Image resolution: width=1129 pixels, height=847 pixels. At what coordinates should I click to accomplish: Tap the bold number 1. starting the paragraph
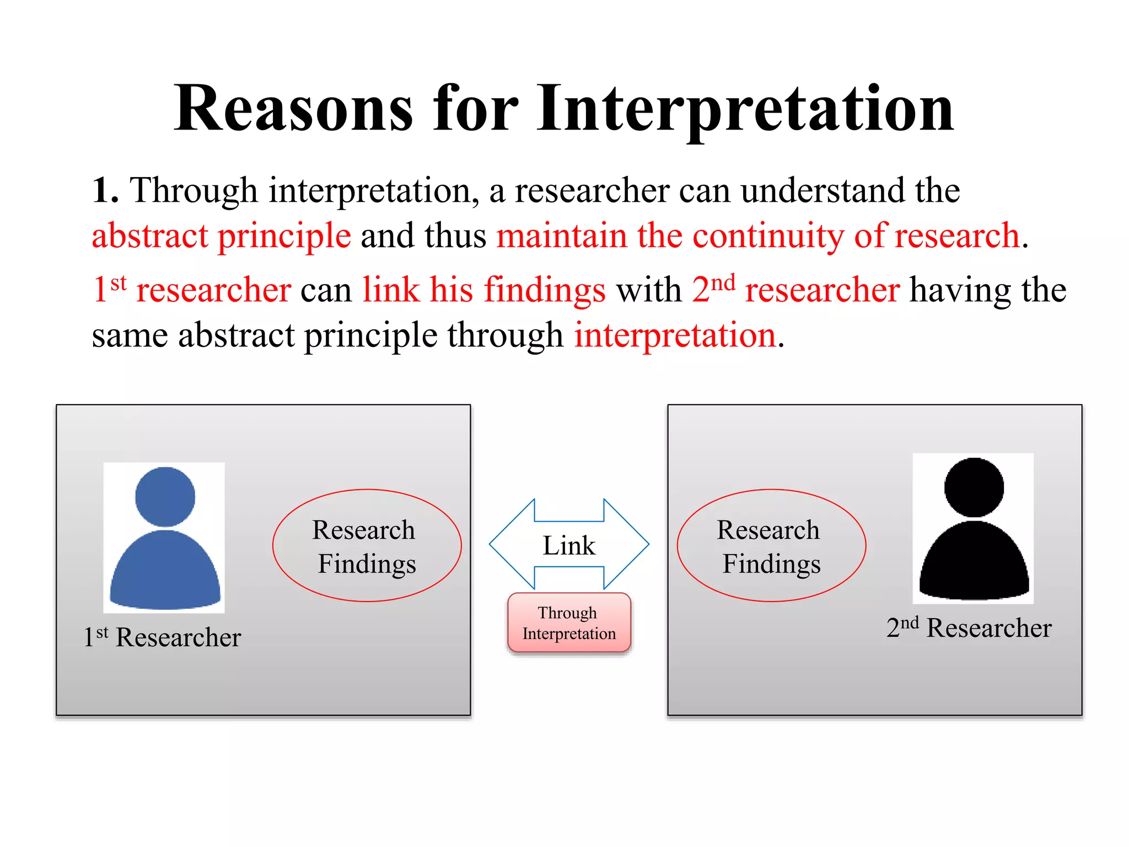(x=105, y=191)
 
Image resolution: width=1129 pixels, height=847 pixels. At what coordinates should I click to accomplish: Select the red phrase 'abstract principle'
(x=221, y=236)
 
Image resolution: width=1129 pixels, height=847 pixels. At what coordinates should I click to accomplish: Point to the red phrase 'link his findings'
(x=483, y=290)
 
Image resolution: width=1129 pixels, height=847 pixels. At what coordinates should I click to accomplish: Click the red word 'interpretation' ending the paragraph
(x=675, y=335)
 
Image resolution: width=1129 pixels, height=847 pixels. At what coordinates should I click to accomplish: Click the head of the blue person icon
(x=165, y=497)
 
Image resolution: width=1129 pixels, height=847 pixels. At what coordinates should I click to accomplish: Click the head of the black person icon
(x=974, y=487)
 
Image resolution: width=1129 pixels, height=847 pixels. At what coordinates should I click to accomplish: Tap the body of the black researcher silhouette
(x=974, y=562)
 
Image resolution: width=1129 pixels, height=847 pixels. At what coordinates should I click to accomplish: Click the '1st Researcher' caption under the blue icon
(x=162, y=637)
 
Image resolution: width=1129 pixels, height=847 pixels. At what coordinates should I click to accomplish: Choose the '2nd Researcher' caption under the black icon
(x=969, y=628)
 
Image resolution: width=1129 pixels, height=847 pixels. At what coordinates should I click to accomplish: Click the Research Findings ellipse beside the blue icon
(x=367, y=545)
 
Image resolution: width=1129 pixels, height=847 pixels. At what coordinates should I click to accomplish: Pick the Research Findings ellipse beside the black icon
(x=771, y=545)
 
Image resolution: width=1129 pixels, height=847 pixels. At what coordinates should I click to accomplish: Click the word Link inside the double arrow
(x=569, y=545)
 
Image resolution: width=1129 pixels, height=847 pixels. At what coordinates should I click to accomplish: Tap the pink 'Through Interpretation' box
(x=569, y=623)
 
